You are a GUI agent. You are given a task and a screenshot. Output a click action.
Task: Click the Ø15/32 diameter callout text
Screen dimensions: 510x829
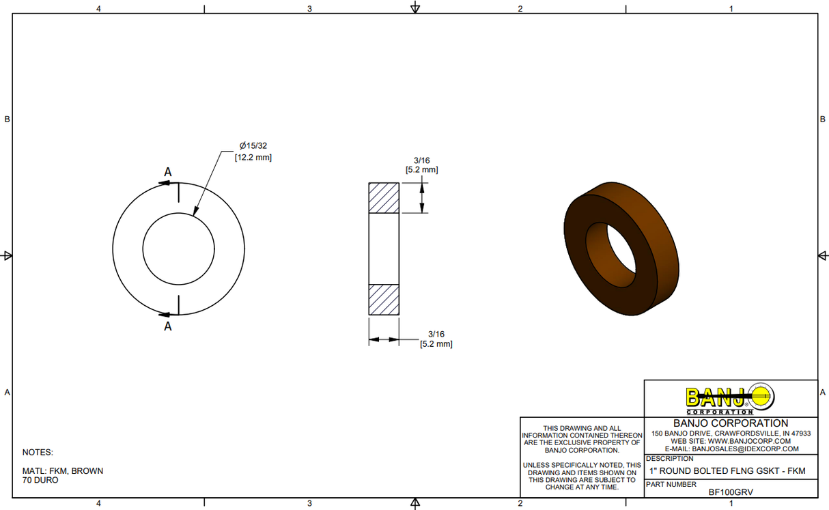253,146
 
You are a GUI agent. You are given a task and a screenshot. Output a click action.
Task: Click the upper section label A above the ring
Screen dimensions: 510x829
167,172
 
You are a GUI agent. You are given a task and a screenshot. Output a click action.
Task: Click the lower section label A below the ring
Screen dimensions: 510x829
168,326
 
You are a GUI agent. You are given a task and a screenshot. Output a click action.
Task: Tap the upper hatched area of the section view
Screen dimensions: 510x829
384,198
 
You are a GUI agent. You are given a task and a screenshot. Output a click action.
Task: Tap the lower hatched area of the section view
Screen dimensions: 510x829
384,299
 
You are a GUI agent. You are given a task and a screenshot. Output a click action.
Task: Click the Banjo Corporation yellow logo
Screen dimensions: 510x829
730,398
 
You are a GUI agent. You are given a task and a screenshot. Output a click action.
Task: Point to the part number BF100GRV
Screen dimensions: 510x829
731,492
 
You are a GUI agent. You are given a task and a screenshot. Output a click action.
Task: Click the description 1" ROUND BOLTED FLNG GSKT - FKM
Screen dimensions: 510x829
727,471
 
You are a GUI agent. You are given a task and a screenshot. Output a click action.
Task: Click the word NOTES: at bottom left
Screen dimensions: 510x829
38,452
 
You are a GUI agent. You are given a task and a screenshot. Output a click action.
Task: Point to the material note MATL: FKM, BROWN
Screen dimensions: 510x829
63,471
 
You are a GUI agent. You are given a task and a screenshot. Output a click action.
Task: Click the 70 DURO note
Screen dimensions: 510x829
40,480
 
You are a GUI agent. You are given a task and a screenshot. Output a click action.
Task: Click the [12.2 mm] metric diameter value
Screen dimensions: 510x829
253,157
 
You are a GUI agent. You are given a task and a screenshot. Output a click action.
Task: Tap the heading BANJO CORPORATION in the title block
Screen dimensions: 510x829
731,423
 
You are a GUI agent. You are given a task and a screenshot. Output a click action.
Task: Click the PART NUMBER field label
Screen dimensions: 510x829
671,484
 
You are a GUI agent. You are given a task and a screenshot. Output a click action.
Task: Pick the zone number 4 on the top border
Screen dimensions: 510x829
99,9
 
